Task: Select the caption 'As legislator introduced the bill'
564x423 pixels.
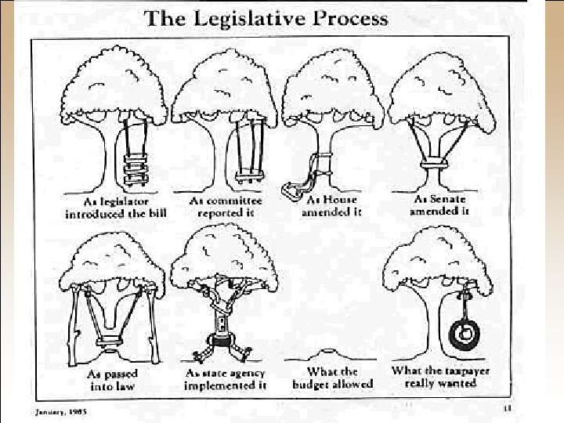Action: (x=115, y=209)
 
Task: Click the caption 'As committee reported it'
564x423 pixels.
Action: (x=226, y=207)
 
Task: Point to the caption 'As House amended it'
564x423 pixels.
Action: (x=333, y=207)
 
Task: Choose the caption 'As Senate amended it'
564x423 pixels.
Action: (x=440, y=205)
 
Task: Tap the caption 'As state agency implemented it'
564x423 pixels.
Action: (x=226, y=379)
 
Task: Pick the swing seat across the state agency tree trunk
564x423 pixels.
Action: (x=225, y=342)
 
